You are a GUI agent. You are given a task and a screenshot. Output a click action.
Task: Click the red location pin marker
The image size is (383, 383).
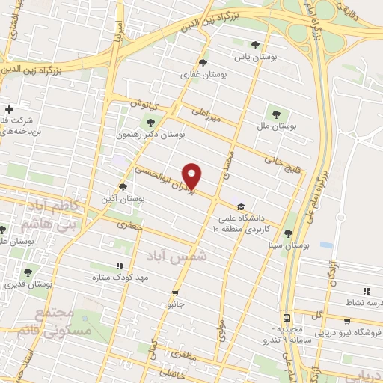[x=193, y=175]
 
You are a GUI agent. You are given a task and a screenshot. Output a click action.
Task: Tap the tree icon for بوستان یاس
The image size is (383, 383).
[x=257, y=45]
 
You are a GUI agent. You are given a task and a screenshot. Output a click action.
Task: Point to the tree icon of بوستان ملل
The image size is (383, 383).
[x=276, y=114]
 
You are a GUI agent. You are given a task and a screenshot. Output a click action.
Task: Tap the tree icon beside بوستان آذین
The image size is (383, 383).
[x=123, y=188]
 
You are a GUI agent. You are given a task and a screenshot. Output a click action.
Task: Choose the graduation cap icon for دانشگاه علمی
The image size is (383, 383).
[x=241, y=206]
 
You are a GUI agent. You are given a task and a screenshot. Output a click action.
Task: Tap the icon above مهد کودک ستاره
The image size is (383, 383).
[x=120, y=266]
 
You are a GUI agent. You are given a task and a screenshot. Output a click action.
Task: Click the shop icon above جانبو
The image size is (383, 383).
[x=175, y=293]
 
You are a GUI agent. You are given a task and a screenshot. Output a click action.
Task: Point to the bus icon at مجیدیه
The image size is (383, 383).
[x=288, y=318]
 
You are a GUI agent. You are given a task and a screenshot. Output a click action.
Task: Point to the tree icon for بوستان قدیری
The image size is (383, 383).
[x=28, y=272]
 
